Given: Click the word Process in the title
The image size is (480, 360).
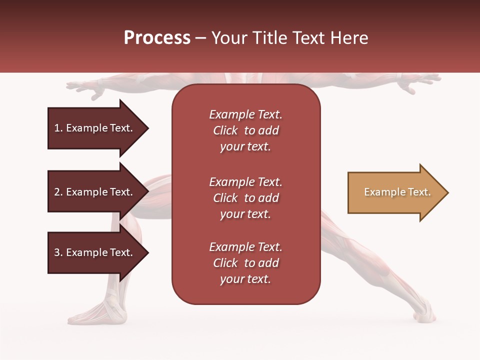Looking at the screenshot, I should [157, 38].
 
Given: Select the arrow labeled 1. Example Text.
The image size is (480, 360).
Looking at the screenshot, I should [95, 128].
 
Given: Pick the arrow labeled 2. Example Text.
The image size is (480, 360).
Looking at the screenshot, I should [95, 192].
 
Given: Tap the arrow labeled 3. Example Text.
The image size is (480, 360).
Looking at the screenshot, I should [95, 252].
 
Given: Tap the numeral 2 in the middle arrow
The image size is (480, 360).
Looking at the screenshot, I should [57, 192].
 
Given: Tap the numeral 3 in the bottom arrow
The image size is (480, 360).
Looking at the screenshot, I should [57, 252].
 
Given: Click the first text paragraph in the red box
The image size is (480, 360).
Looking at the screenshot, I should [245, 130].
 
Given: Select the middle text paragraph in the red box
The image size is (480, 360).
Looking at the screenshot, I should [245, 198].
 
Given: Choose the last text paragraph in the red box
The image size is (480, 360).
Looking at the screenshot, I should [245, 263].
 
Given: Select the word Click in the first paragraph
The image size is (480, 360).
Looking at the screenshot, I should [225, 130].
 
